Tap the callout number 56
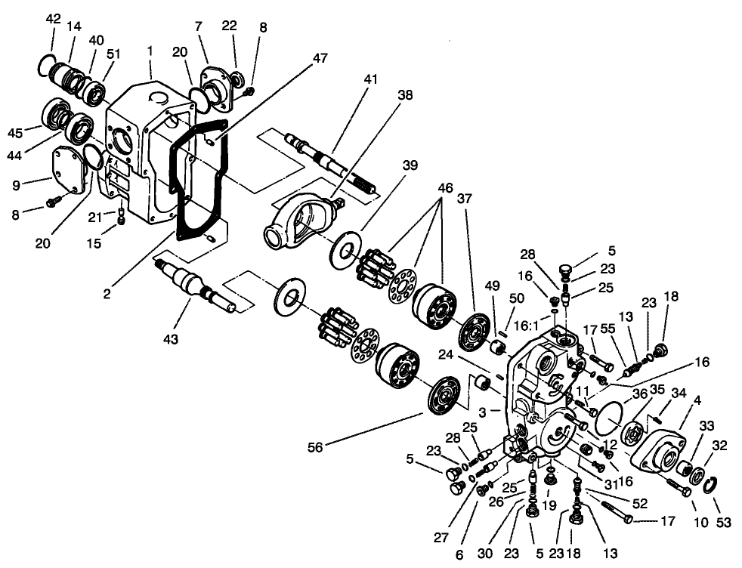tap(315, 448)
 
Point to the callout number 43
tap(172, 340)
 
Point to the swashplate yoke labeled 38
tap(298, 220)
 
